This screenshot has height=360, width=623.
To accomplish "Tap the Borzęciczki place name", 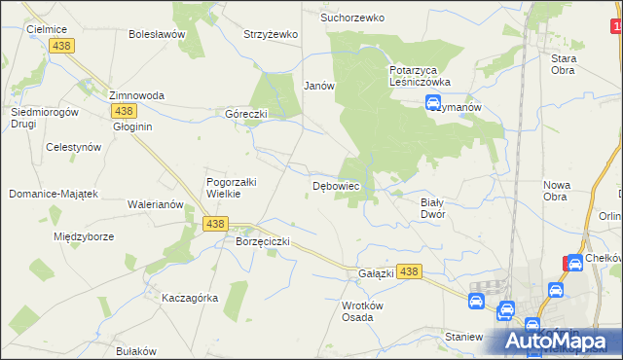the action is pos(263,240).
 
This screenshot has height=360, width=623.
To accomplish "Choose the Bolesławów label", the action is pos(157,34).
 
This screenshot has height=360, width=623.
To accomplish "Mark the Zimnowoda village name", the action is pos(136,95).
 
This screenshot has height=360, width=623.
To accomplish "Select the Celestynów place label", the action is pos(74,147).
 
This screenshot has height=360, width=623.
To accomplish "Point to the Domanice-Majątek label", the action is pos(54,194).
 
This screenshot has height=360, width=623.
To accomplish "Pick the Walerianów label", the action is pos(156,204).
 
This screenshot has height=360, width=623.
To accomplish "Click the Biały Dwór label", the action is pos(432,208).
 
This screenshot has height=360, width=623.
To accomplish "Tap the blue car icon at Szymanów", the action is pos(434,104).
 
